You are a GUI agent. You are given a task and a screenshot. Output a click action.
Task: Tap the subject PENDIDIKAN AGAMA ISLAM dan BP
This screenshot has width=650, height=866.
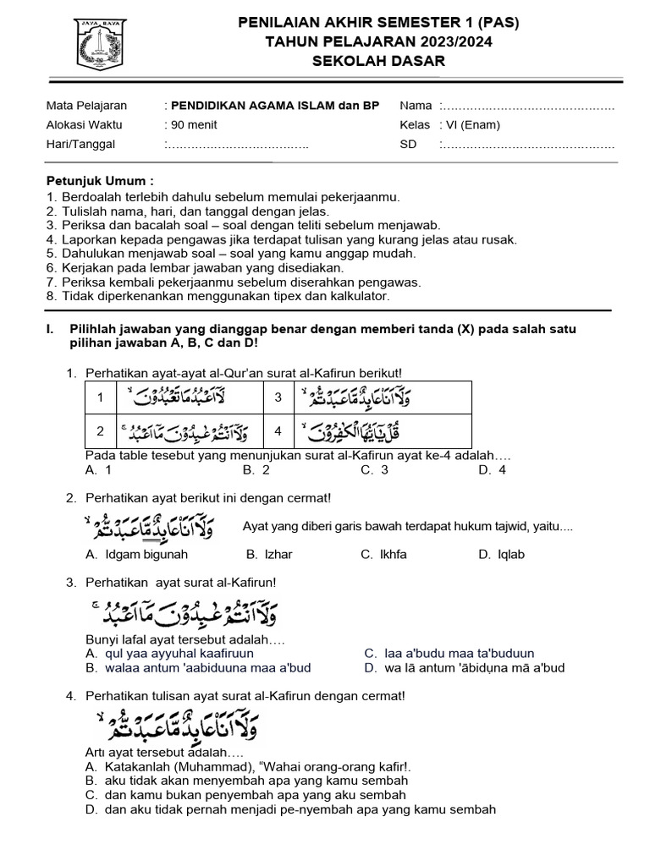(x=275, y=106)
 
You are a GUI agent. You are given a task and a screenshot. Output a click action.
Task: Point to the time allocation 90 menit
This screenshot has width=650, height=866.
(x=194, y=125)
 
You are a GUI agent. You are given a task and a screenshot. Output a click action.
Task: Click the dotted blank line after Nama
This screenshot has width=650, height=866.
(x=530, y=107)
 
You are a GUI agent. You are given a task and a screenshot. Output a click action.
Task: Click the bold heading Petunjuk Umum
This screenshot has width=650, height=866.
(x=100, y=181)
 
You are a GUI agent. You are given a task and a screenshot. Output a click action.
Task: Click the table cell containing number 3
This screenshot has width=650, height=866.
(x=278, y=397)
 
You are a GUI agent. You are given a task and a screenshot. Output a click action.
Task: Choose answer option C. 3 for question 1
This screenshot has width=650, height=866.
(x=374, y=470)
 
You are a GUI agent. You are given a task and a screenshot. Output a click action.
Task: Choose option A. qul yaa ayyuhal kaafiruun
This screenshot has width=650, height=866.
(x=169, y=654)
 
